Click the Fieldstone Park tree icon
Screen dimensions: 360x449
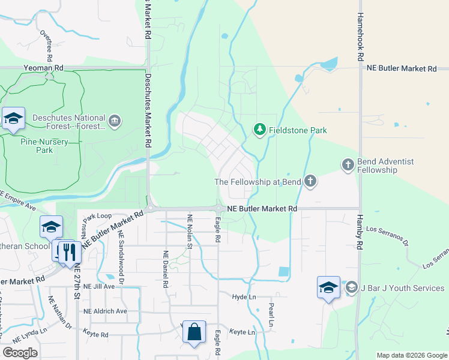[259, 130]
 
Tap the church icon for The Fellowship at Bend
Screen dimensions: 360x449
[310, 181]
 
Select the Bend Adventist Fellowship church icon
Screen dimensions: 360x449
[348, 164]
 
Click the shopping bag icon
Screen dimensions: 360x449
[194, 332]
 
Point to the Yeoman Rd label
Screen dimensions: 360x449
[43, 69]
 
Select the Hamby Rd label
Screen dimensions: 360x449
[360, 233]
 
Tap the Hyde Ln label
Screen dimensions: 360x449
[244, 297]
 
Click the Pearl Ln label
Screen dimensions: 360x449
[271, 315]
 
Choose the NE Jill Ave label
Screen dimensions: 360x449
[99, 287]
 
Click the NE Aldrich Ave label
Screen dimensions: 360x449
[106, 311]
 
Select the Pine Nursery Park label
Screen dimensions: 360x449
[44, 146]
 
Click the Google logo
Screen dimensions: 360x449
[20, 353]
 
